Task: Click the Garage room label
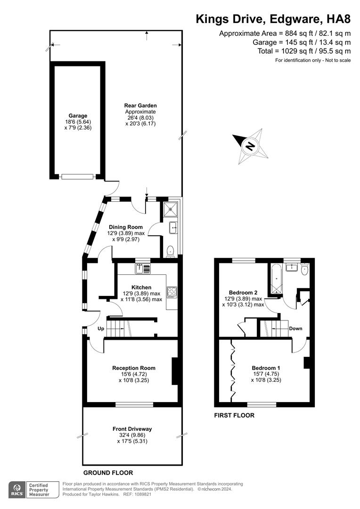[x=78, y=115]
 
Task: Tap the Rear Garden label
[x=140, y=106]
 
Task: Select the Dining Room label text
[x=126, y=227]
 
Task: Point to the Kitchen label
[x=141, y=287]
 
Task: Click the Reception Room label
[x=134, y=368]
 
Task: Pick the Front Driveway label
[x=132, y=429]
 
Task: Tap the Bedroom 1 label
[x=266, y=368]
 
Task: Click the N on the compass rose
[x=251, y=146]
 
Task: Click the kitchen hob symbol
[x=172, y=293]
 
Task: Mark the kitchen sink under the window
[x=143, y=269]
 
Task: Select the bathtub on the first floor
[x=275, y=279]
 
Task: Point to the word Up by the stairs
[x=101, y=328]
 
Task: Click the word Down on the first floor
[x=295, y=328]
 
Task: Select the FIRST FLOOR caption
[x=234, y=415]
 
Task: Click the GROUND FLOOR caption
[x=108, y=472]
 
